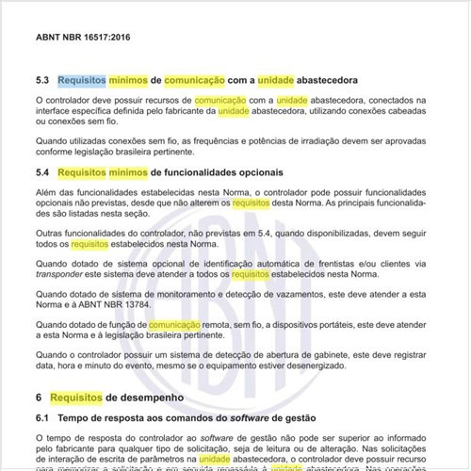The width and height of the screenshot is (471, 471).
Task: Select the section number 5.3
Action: coord(41,80)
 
